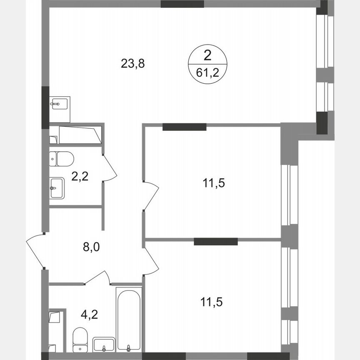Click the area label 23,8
tap(133, 64)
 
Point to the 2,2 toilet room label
tap(80, 177)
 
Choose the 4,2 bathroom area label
tap(90, 313)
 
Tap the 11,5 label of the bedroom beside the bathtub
tap(212, 301)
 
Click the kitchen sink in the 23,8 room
tap(60, 103)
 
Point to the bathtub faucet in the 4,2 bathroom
tap(129, 347)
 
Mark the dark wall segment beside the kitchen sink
tap(45, 107)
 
